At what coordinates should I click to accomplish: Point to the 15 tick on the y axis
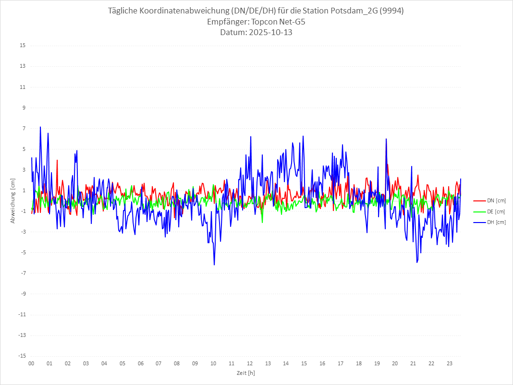[x=23, y=46]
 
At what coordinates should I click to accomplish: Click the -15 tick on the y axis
[x=22, y=356]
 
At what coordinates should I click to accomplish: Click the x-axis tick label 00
[x=31, y=363]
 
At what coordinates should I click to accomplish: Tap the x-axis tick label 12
[x=250, y=363]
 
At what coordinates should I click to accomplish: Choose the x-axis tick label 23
[x=450, y=363]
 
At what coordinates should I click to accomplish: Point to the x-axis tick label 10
[x=213, y=363]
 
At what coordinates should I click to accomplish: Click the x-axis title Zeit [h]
[x=245, y=373]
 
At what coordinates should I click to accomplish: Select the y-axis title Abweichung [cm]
[x=13, y=201]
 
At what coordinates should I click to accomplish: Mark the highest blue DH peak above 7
[x=40, y=127]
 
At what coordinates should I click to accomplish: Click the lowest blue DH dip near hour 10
[x=214, y=265]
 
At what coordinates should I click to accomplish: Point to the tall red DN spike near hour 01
[x=57, y=160]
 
